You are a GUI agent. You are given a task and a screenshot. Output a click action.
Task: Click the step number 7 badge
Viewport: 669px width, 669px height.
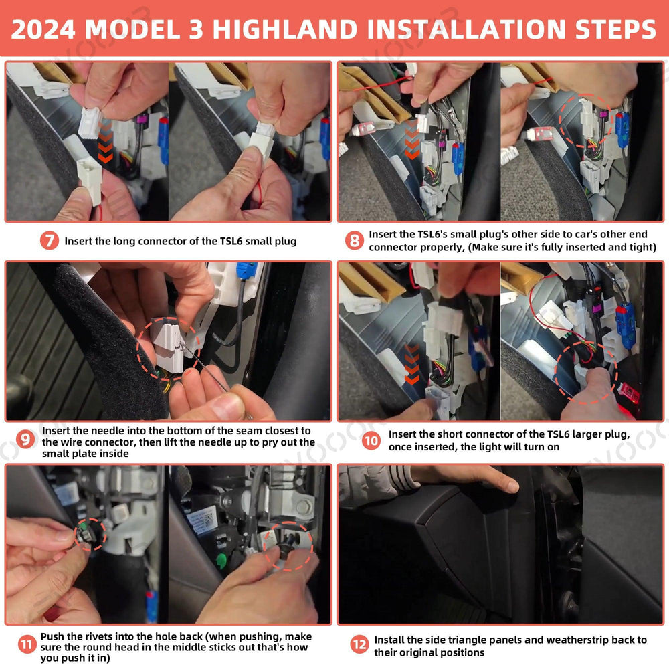click(x=49, y=241)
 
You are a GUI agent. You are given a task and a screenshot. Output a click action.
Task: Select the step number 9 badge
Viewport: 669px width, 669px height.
click(x=25, y=440)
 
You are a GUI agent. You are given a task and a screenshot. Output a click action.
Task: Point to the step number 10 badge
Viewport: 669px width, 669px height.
click(x=371, y=441)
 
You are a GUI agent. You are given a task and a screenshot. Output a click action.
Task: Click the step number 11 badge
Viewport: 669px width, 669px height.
click(x=25, y=645)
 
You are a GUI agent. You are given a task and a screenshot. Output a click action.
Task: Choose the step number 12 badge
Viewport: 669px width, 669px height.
click(x=359, y=645)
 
